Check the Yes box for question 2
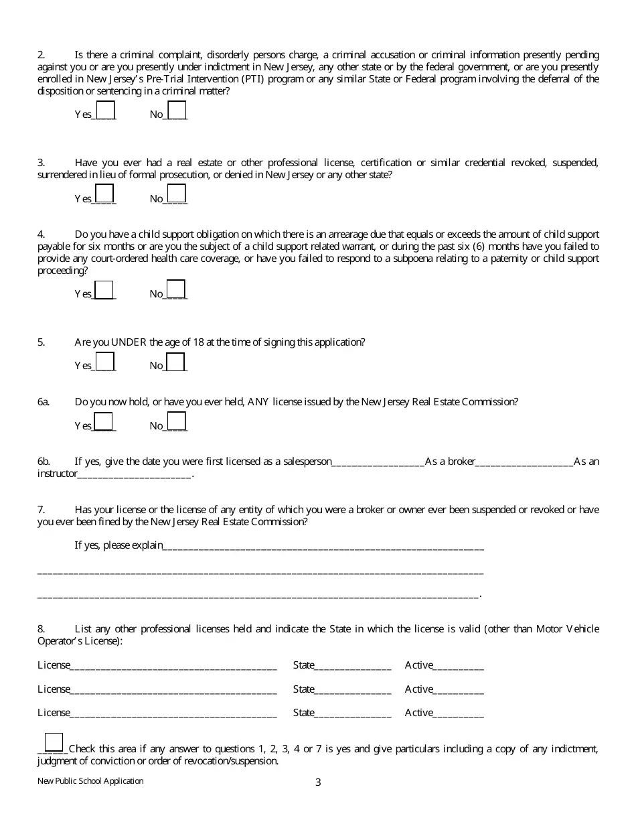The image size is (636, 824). (105, 110)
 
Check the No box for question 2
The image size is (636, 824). (177, 110)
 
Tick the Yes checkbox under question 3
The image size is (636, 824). (104, 194)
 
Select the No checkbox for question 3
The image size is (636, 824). (176, 194)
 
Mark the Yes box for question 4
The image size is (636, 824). (104, 289)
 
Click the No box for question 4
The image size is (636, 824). (175, 289)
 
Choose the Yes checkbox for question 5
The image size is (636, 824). (105, 362)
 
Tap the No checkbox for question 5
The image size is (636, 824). (175, 362)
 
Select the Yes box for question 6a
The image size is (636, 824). (104, 421)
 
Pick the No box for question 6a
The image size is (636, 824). (176, 421)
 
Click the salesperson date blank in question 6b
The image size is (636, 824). (378, 462)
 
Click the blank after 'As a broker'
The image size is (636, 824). (524, 462)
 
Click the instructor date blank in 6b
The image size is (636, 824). (135, 475)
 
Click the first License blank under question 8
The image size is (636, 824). (173, 667)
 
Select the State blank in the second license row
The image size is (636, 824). (353, 690)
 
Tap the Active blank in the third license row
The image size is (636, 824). (459, 713)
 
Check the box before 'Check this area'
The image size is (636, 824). (54, 742)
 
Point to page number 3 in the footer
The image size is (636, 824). (318, 782)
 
